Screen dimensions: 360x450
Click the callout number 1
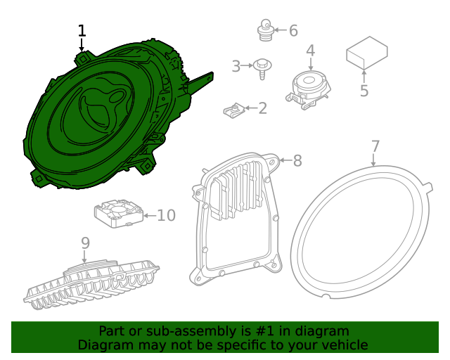(82, 31)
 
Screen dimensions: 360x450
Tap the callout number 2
(262, 108)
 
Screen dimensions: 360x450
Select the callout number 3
(236, 67)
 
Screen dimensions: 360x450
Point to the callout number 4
(310, 51)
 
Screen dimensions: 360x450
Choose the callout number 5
(364, 91)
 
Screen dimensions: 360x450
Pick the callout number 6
(293, 30)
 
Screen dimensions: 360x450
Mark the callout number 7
(375, 146)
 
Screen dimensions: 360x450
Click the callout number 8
(297, 161)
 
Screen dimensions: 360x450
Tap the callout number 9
(85, 243)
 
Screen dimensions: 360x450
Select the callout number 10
(166, 215)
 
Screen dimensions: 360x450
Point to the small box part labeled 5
(366, 53)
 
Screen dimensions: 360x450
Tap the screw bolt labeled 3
(263, 67)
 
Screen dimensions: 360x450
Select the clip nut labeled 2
(234, 110)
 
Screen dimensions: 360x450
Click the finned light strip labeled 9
(91, 285)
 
